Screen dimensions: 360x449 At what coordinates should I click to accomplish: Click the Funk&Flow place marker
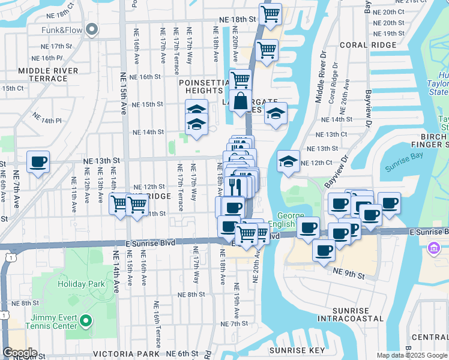point(92,28)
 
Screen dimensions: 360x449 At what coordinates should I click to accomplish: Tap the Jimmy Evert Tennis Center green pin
point(85,321)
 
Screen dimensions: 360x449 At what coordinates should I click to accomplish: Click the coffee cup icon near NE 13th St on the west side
point(38,162)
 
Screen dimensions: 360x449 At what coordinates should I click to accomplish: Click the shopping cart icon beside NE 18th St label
point(270,14)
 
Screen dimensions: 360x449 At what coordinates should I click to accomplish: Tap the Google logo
point(20,353)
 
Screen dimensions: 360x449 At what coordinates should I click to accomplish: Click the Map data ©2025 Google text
point(412,355)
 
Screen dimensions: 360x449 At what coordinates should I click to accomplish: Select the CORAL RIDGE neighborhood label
point(376,45)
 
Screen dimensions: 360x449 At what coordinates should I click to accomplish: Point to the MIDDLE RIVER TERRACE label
point(48,74)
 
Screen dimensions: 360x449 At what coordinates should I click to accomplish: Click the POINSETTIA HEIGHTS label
point(205,86)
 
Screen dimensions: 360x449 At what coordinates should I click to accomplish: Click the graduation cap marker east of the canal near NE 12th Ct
point(288,161)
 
